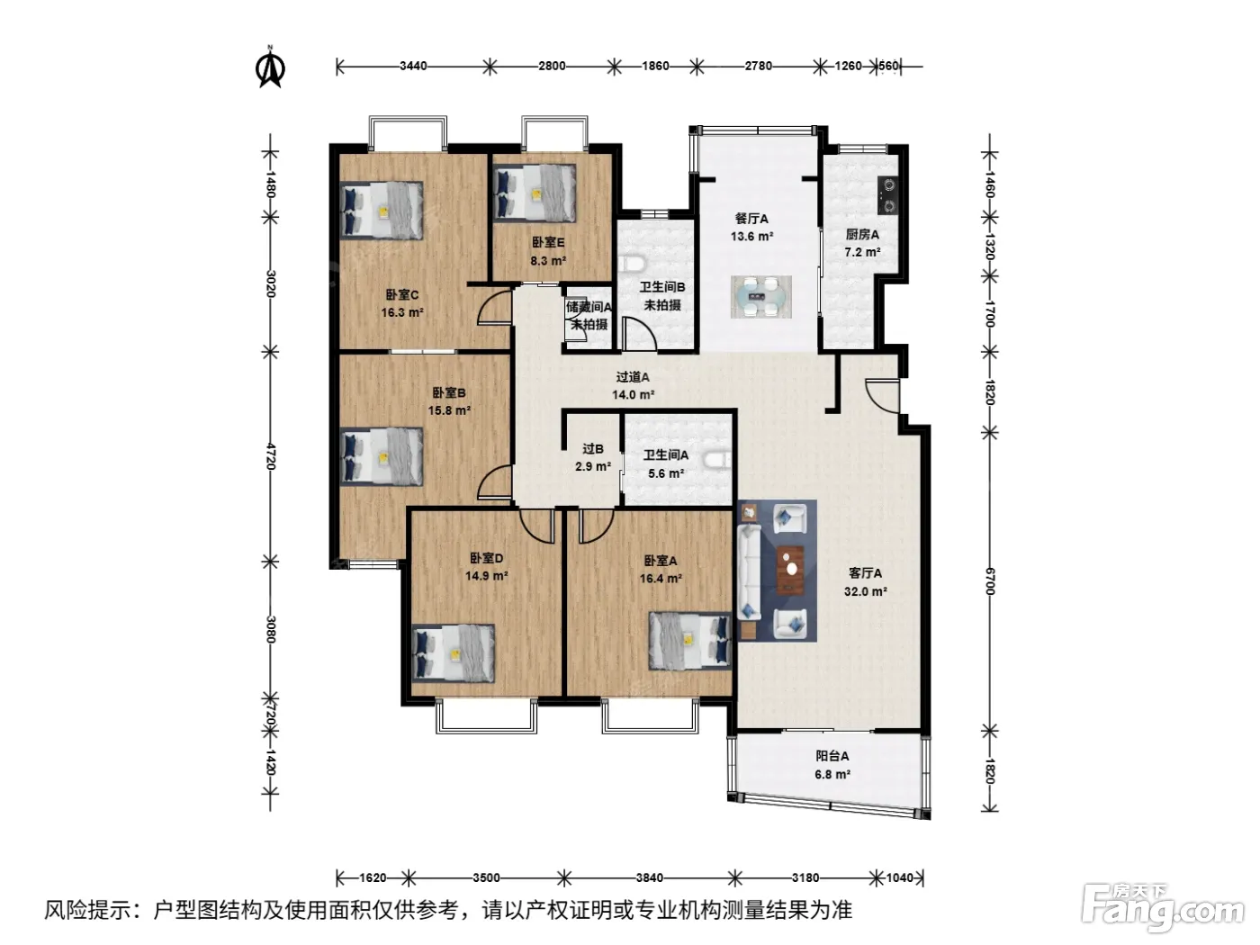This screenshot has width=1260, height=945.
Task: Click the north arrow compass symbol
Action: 270,67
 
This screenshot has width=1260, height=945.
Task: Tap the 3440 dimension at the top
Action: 413,66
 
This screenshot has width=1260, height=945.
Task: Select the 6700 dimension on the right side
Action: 989,581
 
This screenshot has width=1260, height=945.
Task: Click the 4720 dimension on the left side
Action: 271,456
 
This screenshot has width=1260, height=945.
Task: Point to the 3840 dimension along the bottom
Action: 649,877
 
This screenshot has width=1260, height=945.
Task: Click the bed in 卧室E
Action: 535,193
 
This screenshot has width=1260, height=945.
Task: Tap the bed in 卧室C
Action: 382,210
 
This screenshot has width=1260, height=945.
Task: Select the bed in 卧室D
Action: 454,653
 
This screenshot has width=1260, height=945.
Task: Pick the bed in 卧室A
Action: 690,640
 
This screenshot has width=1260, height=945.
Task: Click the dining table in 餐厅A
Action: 761,297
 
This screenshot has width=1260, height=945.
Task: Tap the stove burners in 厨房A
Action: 888,195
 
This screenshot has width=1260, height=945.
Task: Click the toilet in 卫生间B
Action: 634,264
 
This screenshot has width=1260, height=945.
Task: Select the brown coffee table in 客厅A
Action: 790,569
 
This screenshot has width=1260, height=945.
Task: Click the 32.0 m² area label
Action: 866,591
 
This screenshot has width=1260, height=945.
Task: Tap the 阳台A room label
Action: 832,756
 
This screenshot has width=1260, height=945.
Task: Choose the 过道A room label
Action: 633,377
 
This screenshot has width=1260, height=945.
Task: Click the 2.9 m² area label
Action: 593,466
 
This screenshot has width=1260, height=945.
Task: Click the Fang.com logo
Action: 1163,909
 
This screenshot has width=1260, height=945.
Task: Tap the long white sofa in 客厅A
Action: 749,572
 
